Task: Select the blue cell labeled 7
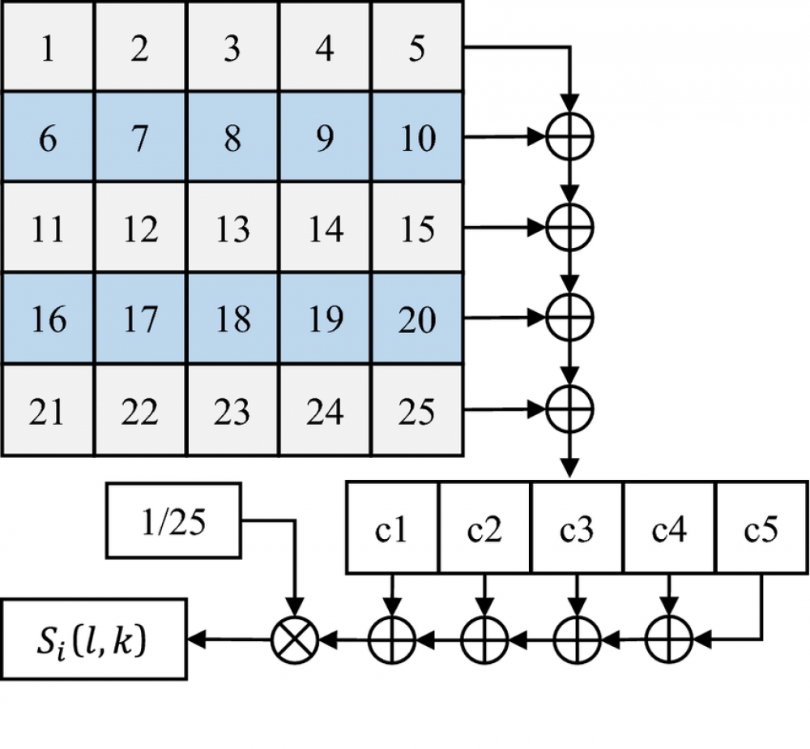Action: click(x=139, y=138)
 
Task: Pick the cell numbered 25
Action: click(x=416, y=411)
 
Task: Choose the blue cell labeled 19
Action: click(x=324, y=319)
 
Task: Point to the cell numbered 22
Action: click(x=139, y=411)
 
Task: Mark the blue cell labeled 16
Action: click(x=48, y=319)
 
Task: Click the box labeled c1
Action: click(x=392, y=529)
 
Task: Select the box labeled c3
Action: click(x=576, y=529)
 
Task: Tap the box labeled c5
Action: click(x=761, y=529)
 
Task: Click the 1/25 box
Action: click(x=173, y=522)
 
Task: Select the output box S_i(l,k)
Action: click(x=94, y=643)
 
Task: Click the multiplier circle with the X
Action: click(x=295, y=643)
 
